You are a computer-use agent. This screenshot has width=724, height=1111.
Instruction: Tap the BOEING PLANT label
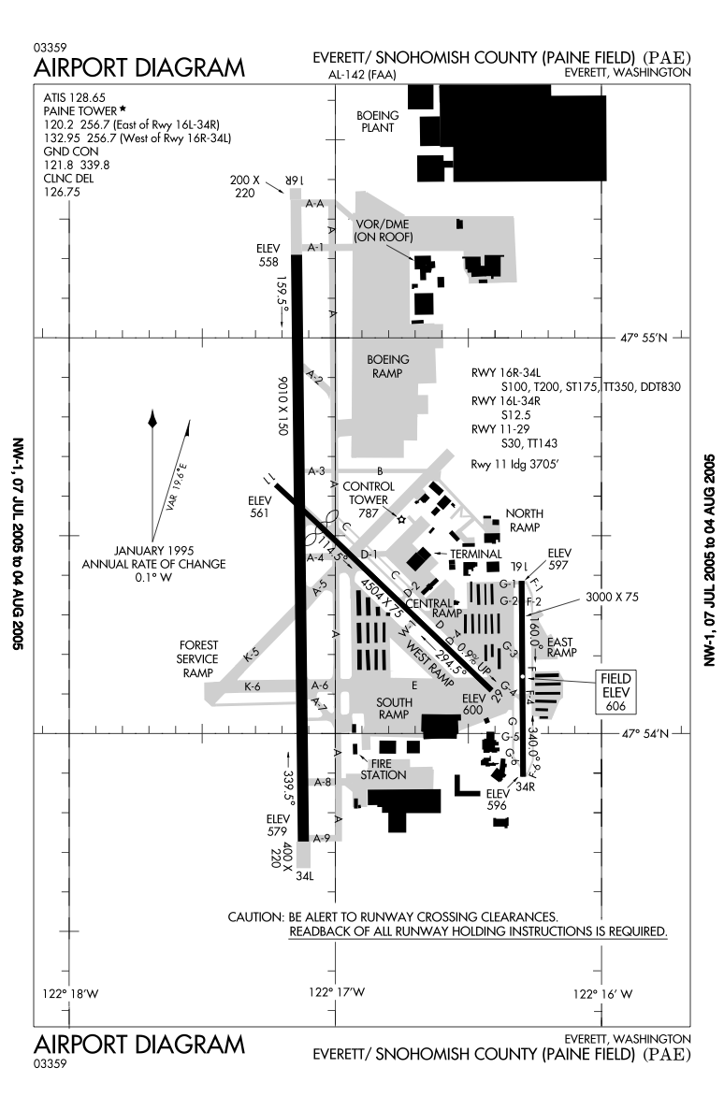coord(377,122)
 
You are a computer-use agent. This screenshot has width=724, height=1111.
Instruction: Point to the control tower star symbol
coord(402,519)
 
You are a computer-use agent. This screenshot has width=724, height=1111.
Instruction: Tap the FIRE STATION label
coord(384,769)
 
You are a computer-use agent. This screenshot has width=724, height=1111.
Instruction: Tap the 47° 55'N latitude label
coord(645,338)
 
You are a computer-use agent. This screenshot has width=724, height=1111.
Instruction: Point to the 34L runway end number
coord(304,877)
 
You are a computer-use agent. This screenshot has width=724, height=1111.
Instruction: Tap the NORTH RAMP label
coord(524,520)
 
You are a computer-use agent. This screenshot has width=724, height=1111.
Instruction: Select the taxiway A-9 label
coord(322,837)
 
